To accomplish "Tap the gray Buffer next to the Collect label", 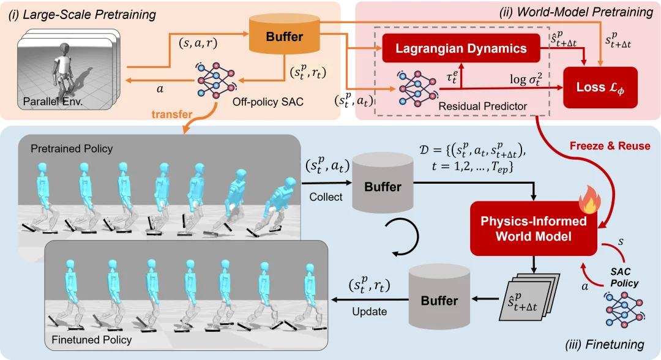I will (x=382, y=187).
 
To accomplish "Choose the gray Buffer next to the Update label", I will (x=438, y=300).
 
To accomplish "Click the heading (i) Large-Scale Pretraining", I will (x=82, y=14).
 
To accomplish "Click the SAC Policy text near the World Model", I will (x=625, y=277).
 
